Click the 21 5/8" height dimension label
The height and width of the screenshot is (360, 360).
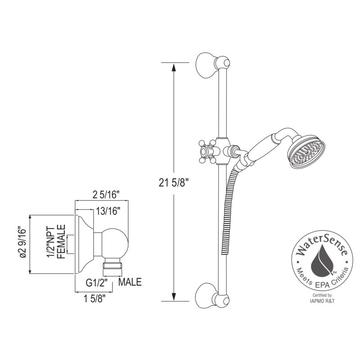tap(173, 182)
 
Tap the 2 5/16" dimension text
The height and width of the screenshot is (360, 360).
tap(106, 195)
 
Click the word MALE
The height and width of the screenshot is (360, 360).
tap(130, 283)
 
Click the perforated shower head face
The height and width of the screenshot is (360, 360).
tap(308, 154)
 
